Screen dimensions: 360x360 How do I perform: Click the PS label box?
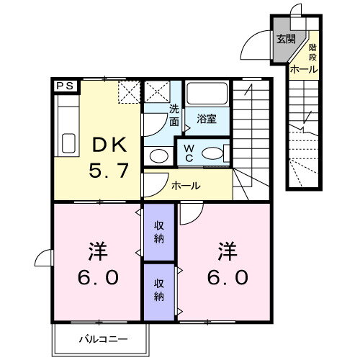(66, 86)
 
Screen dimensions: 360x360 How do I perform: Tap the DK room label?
(109, 145)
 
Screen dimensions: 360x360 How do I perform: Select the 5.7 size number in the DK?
(109, 170)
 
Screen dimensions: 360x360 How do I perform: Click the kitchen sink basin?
(68, 143)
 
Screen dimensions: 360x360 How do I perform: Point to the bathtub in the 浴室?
(207, 94)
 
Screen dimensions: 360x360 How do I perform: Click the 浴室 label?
(207, 119)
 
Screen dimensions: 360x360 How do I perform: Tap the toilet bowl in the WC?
(212, 153)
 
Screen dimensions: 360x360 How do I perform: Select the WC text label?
(189, 153)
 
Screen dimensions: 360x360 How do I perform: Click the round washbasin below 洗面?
(159, 156)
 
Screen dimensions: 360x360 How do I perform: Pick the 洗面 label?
(174, 116)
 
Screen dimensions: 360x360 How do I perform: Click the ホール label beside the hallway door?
(186, 186)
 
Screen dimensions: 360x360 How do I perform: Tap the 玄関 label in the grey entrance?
(286, 39)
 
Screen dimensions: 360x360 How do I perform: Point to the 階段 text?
(312, 52)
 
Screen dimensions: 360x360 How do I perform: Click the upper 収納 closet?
(159, 232)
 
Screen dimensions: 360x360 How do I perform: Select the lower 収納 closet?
(159, 292)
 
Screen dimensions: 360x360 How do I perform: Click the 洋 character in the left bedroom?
(98, 251)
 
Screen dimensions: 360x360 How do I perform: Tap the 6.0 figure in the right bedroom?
(228, 277)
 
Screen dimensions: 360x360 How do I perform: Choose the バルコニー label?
(104, 339)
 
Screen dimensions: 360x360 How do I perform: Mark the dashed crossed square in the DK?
(129, 92)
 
